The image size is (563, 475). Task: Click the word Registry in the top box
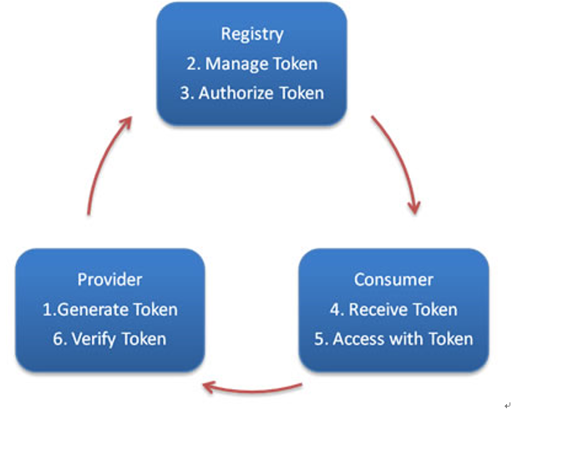[x=251, y=34]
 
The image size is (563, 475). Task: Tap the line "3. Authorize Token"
[x=251, y=93]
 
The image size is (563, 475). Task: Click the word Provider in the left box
[x=109, y=280]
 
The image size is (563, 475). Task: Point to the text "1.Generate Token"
[x=109, y=309]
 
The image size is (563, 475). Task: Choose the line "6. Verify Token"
[x=109, y=338]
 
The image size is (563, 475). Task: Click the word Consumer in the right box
[x=393, y=280]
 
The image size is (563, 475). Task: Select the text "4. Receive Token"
[x=393, y=309]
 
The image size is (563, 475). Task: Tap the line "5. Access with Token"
[x=393, y=338]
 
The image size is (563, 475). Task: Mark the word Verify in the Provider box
[x=93, y=338]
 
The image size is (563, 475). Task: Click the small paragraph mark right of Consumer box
[x=507, y=405]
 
